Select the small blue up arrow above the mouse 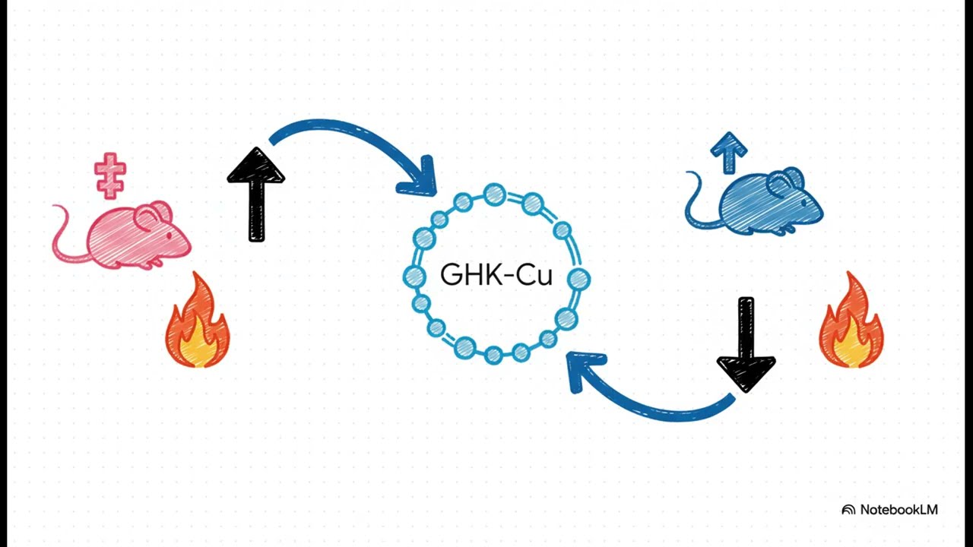click(x=728, y=151)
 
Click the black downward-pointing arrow click(x=746, y=346)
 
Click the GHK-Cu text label click(x=496, y=275)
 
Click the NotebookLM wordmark click(x=899, y=510)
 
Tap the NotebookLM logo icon click(x=848, y=510)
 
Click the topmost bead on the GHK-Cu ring click(x=494, y=194)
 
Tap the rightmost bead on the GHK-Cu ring click(x=578, y=279)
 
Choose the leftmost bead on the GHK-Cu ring click(x=414, y=276)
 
